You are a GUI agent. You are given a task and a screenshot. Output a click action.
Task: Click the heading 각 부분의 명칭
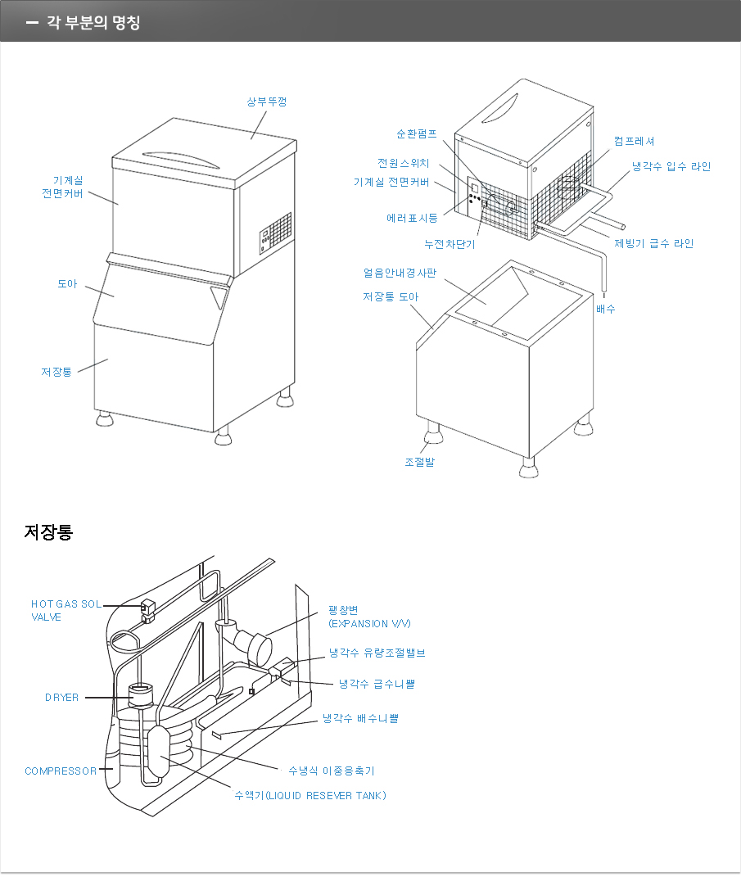click(x=93, y=22)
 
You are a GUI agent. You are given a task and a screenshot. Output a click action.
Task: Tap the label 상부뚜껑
click(x=267, y=102)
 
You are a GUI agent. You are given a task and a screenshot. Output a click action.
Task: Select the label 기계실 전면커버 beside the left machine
click(x=67, y=187)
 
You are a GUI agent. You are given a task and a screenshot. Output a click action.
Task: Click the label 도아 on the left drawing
click(x=66, y=283)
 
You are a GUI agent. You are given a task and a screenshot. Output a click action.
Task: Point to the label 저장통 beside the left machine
click(x=56, y=372)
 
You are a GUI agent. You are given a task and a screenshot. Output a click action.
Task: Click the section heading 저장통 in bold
click(x=48, y=532)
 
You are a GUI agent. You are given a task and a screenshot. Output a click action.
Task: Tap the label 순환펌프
click(x=417, y=133)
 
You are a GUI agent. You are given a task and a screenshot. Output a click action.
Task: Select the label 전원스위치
click(x=403, y=163)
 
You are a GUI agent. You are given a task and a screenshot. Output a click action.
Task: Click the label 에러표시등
click(x=412, y=218)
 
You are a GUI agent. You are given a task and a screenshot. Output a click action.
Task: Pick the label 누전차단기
click(x=450, y=243)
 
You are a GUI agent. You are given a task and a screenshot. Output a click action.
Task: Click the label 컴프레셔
click(x=635, y=142)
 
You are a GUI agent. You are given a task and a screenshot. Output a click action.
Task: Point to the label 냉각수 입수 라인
click(x=671, y=166)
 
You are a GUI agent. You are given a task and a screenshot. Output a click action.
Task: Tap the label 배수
click(x=605, y=309)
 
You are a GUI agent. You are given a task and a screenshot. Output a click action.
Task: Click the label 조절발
click(x=419, y=462)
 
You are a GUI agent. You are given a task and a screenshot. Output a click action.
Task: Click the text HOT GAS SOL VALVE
click(x=66, y=610)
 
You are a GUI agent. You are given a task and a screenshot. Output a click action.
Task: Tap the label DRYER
click(x=61, y=698)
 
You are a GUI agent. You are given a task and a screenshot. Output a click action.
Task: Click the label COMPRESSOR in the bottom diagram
click(x=61, y=771)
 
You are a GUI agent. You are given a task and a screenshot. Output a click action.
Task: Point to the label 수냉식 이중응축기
click(x=331, y=771)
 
